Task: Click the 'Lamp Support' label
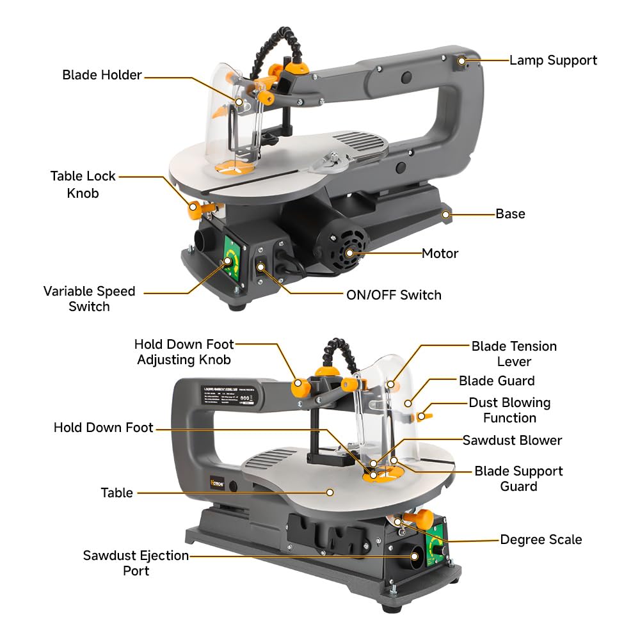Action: [553, 60]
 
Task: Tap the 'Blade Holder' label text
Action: [102, 75]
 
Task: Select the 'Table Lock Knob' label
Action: [83, 184]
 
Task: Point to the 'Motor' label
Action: [440, 253]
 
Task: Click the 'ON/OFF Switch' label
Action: [394, 295]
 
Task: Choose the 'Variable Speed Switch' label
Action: [89, 298]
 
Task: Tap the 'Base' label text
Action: [510, 214]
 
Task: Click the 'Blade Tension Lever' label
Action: [514, 353]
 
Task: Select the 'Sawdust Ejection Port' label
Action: [136, 563]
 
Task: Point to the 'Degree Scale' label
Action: [541, 540]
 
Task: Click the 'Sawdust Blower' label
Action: [512, 440]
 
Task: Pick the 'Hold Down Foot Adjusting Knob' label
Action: [184, 352]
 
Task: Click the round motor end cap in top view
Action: [349, 253]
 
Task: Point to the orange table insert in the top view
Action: [233, 166]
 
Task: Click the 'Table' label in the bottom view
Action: [116, 493]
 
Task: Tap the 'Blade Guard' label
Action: [496, 381]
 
